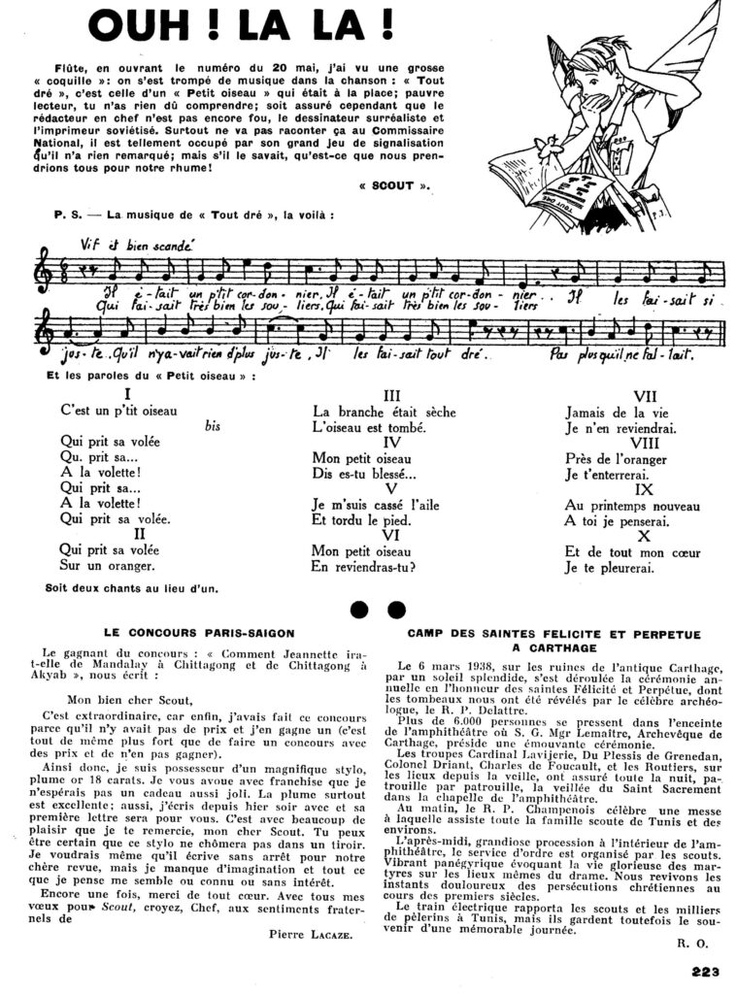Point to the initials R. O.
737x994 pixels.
[x=686, y=941]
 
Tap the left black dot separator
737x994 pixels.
[x=359, y=610]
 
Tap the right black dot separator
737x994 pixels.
[x=395, y=610]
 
